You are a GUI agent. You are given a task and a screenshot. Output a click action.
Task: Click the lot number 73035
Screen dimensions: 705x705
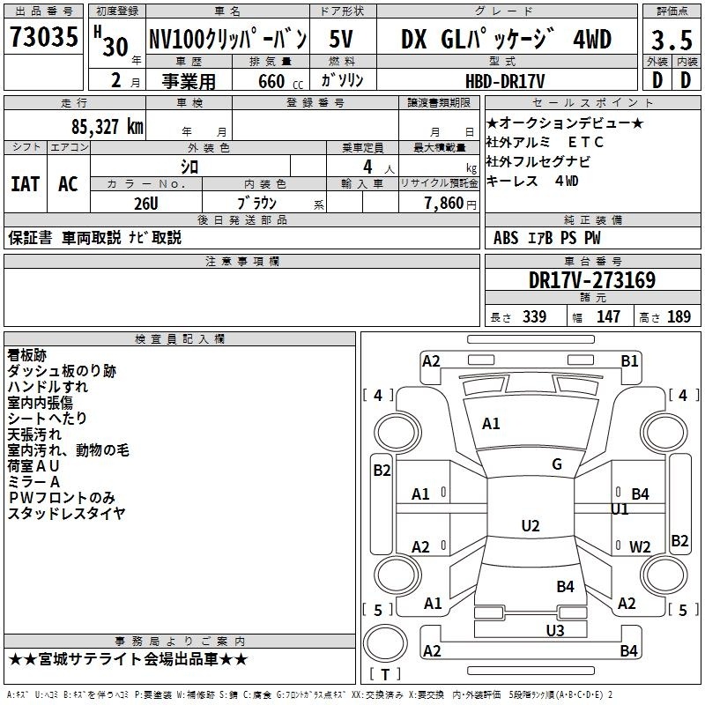pyautogui.click(x=43, y=36)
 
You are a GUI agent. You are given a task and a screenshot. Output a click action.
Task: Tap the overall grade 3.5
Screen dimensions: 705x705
pyautogui.click(x=672, y=40)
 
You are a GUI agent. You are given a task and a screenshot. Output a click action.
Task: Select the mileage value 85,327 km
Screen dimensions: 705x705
pyautogui.click(x=107, y=127)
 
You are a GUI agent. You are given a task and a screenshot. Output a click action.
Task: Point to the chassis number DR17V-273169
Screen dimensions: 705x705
pyautogui.click(x=592, y=280)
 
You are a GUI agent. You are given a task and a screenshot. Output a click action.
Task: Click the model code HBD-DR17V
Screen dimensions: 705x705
pyautogui.click(x=505, y=81)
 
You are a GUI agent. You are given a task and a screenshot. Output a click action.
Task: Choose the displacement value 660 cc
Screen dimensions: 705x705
pyautogui.click(x=280, y=81)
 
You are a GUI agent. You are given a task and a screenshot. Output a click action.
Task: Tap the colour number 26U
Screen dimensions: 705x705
pyautogui.click(x=146, y=204)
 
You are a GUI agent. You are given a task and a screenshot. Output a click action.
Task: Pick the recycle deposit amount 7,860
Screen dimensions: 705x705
pyautogui.click(x=444, y=204)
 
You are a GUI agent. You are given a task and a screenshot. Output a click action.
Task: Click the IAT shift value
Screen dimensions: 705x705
pyautogui.click(x=26, y=184)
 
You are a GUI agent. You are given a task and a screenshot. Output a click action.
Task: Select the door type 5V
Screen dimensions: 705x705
pyautogui.click(x=341, y=39)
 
